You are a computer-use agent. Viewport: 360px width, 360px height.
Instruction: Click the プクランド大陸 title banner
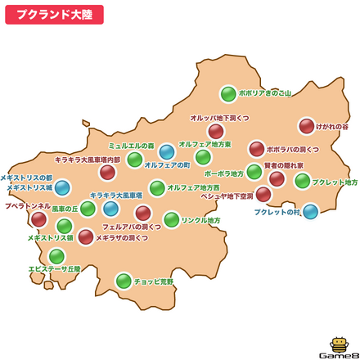[54, 14]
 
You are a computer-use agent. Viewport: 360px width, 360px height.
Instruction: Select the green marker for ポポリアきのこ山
[228, 94]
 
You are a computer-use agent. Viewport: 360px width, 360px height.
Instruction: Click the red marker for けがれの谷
[306, 126]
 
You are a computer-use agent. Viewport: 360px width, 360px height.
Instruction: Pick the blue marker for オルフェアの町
[167, 151]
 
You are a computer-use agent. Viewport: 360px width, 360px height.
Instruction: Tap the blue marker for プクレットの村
[310, 211]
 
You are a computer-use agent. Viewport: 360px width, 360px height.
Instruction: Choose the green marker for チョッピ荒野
[124, 281]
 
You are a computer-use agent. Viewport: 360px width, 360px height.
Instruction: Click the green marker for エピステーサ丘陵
[56, 256]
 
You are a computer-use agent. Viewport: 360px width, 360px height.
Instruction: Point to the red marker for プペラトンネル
[38, 218]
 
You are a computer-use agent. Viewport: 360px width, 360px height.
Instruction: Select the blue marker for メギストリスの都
[62, 187]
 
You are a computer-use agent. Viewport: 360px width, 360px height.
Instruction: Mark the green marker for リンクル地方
[171, 219]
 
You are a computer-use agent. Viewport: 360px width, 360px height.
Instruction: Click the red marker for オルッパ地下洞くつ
[216, 131]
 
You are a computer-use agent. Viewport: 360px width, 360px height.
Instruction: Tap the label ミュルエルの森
[132, 146]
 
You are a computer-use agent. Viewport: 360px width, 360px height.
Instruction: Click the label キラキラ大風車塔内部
[88, 160]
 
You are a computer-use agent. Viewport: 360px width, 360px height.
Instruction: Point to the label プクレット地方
[335, 182]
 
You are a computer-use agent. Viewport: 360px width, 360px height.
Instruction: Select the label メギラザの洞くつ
[122, 237]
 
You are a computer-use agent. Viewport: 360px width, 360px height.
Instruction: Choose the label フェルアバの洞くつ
[132, 226]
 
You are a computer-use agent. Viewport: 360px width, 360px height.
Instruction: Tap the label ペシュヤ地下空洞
[227, 196]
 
